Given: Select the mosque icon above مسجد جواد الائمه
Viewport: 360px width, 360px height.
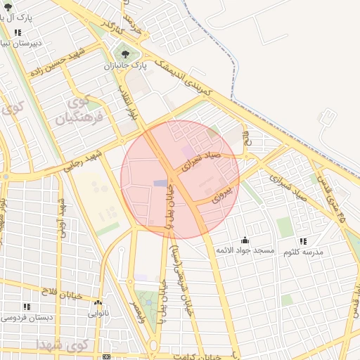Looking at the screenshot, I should pyautogui.click(x=244, y=240).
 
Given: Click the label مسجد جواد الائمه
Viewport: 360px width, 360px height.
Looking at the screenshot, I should pyautogui.click(x=243, y=251).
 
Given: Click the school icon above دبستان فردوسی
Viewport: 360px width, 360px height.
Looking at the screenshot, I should pyautogui.click(x=26, y=307).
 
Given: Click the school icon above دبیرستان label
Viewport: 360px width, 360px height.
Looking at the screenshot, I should pyautogui.click(x=18, y=32).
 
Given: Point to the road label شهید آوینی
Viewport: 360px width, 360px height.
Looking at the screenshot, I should pyautogui.click(x=62, y=219).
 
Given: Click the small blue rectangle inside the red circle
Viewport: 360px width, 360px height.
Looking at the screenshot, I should pyautogui.click(x=161, y=184).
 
